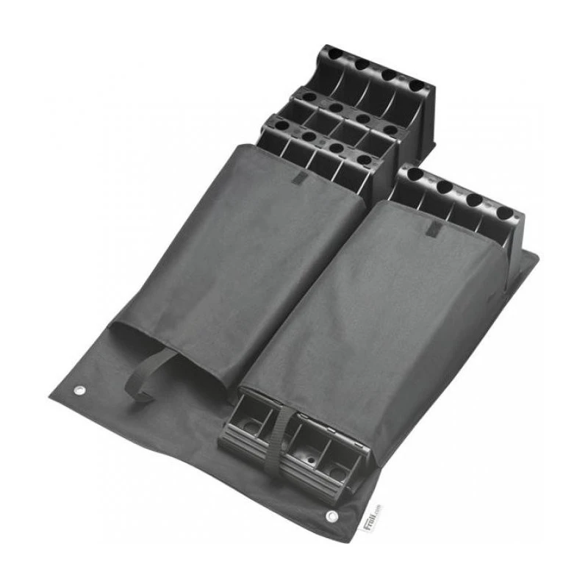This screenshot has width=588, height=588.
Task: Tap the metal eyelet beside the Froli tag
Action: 332,518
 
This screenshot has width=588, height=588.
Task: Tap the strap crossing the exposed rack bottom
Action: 281,441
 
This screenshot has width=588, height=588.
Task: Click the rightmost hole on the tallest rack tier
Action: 417,87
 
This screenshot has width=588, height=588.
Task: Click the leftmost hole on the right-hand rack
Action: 415,175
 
